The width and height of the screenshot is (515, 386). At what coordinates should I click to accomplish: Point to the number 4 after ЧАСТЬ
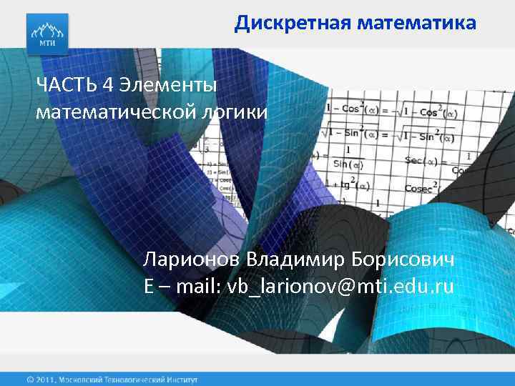pyautogui.click(x=108, y=86)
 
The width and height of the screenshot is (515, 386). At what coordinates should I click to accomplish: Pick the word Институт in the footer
pyautogui.click(x=182, y=379)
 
